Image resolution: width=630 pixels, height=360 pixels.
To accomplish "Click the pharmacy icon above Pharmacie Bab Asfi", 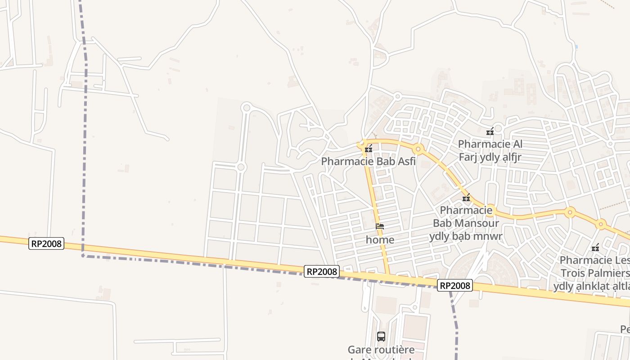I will click(x=369, y=149).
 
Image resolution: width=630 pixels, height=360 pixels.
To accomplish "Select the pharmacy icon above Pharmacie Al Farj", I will click(x=490, y=132).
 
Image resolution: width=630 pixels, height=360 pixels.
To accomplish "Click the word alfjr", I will click(x=509, y=157).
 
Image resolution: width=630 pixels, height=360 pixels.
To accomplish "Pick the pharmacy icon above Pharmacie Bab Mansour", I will click(x=466, y=198).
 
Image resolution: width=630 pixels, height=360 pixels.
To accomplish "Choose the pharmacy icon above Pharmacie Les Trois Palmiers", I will click(x=595, y=247).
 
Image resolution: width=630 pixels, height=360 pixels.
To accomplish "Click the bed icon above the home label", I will click(x=380, y=227).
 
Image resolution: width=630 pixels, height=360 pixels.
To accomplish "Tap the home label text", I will click(x=380, y=240).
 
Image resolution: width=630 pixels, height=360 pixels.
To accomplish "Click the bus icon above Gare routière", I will click(x=381, y=336).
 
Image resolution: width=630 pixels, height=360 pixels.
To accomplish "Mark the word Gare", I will click(x=358, y=350).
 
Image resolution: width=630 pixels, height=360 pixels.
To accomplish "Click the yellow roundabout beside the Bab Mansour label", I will click(x=490, y=210).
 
